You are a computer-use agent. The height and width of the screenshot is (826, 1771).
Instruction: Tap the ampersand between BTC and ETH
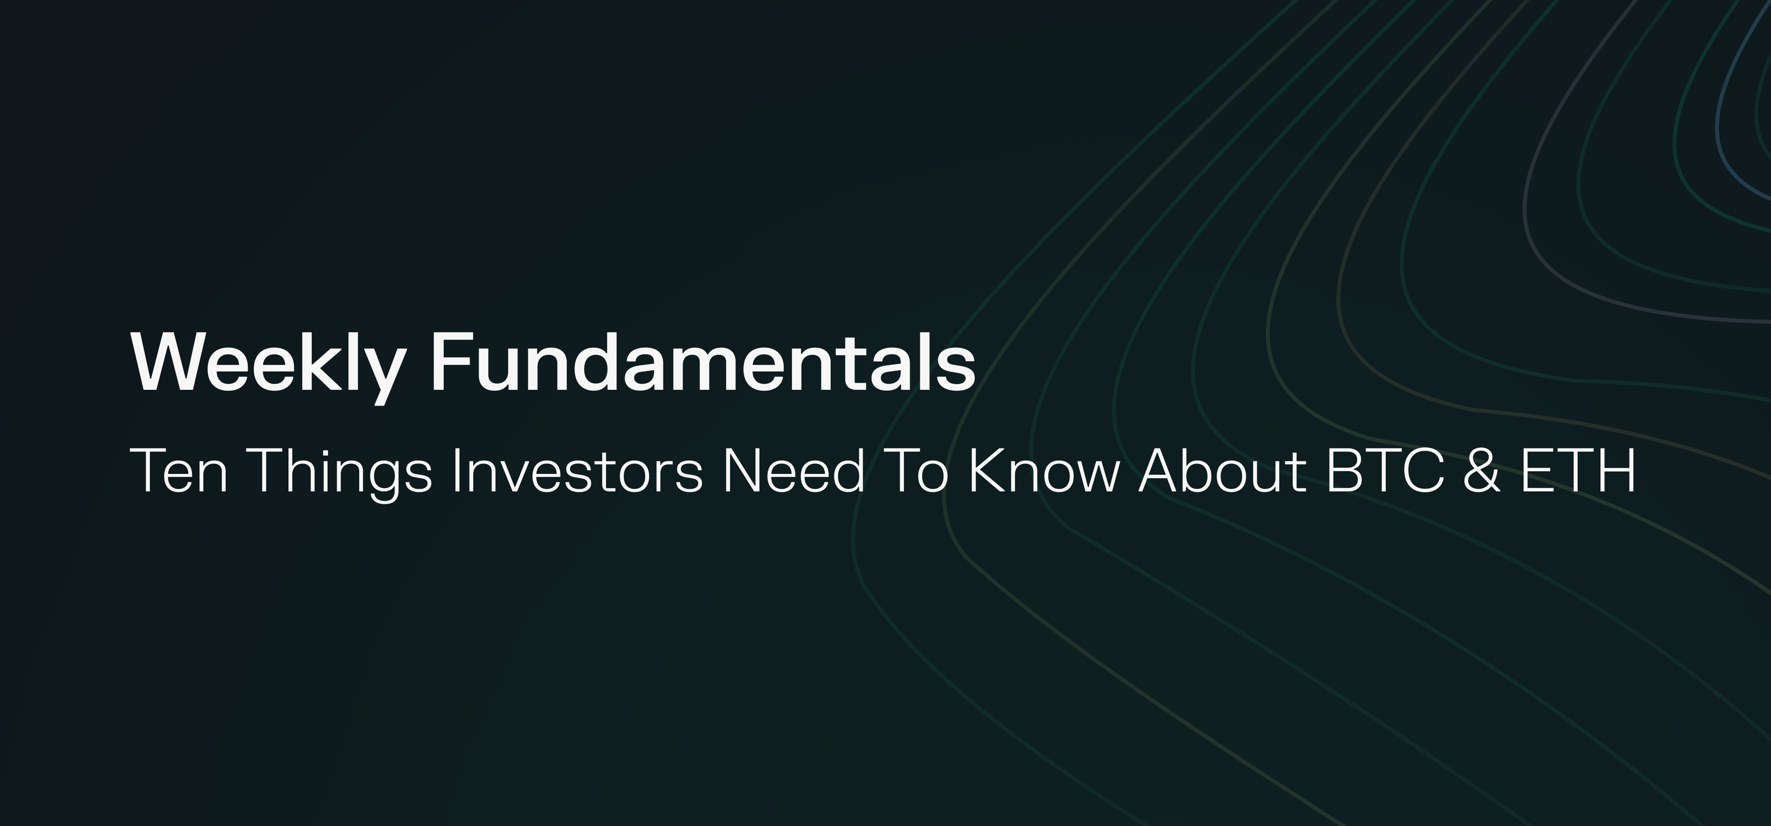point(1482,471)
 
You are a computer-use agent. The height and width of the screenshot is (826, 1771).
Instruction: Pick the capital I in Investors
point(456,471)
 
